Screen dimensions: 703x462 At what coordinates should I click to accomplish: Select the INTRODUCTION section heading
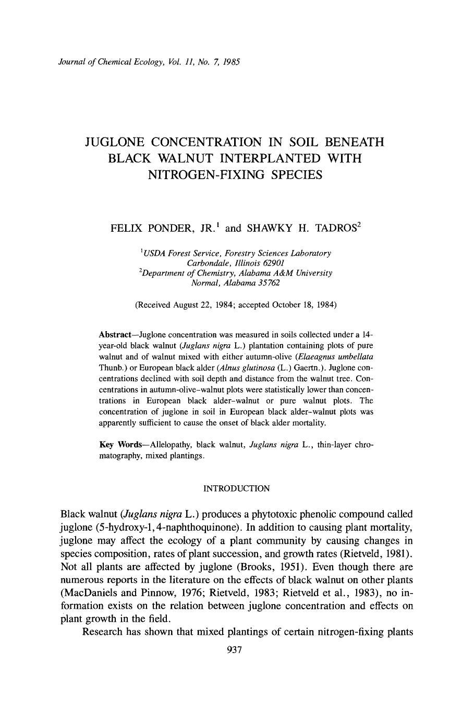(x=236, y=488)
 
